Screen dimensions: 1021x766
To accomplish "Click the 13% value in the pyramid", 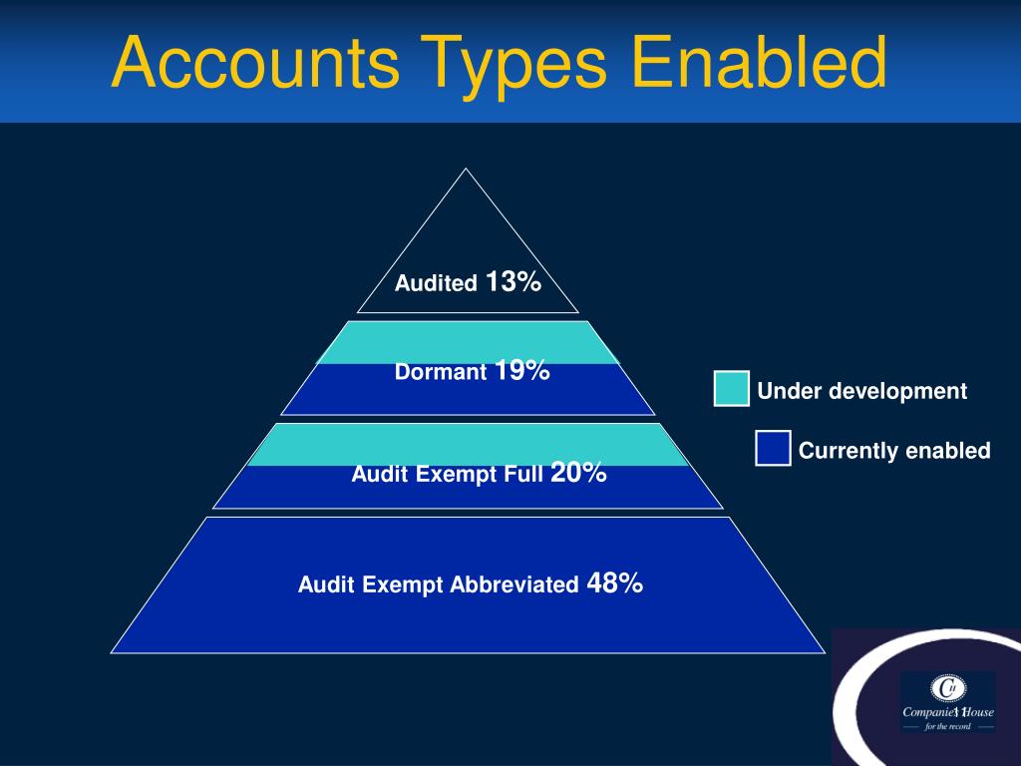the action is coord(513,282).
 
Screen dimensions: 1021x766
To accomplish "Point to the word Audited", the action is coord(436,284).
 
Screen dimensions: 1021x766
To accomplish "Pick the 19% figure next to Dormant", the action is coord(521,371).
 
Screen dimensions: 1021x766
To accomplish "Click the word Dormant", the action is coord(441,373).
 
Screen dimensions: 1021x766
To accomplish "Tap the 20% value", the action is coord(578,473).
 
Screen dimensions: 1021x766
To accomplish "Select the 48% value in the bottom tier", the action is coord(615,582).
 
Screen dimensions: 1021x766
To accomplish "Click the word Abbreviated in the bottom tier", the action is coord(514,584).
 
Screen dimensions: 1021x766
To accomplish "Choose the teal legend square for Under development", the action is coord(732,389).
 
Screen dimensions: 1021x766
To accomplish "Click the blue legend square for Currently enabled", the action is coord(773,449).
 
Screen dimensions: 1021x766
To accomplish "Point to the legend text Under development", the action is coord(862,391).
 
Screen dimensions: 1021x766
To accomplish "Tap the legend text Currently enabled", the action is coord(894,451).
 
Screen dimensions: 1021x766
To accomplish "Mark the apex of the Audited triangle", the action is coord(466,171).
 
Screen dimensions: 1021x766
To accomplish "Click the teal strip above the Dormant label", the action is coord(468,342).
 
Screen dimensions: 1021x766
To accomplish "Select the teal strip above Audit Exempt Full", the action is coord(468,444).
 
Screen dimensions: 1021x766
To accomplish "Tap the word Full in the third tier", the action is coord(523,475).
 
